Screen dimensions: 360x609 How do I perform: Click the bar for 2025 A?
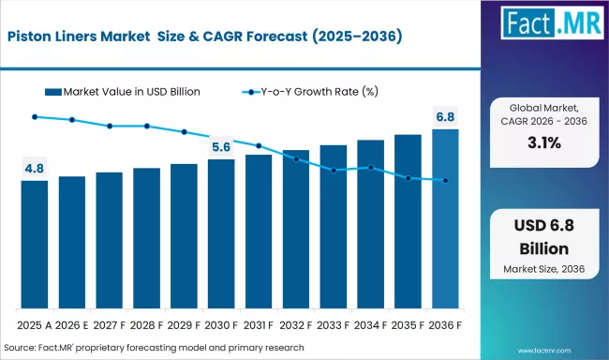(35, 245)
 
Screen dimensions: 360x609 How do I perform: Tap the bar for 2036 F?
(445, 219)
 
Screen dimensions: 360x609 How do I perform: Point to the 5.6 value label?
(221, 147)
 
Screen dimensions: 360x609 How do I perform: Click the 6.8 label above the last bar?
(446, 117)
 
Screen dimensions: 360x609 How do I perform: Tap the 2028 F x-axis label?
(147, 325)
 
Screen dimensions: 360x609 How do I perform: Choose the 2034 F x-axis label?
(371, 325)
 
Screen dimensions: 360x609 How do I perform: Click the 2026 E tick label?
(72, 325)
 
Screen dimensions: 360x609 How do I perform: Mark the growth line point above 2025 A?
(35, 116)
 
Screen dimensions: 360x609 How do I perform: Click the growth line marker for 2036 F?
(445, 181)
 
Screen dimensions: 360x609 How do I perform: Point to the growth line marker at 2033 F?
(334, 171)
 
